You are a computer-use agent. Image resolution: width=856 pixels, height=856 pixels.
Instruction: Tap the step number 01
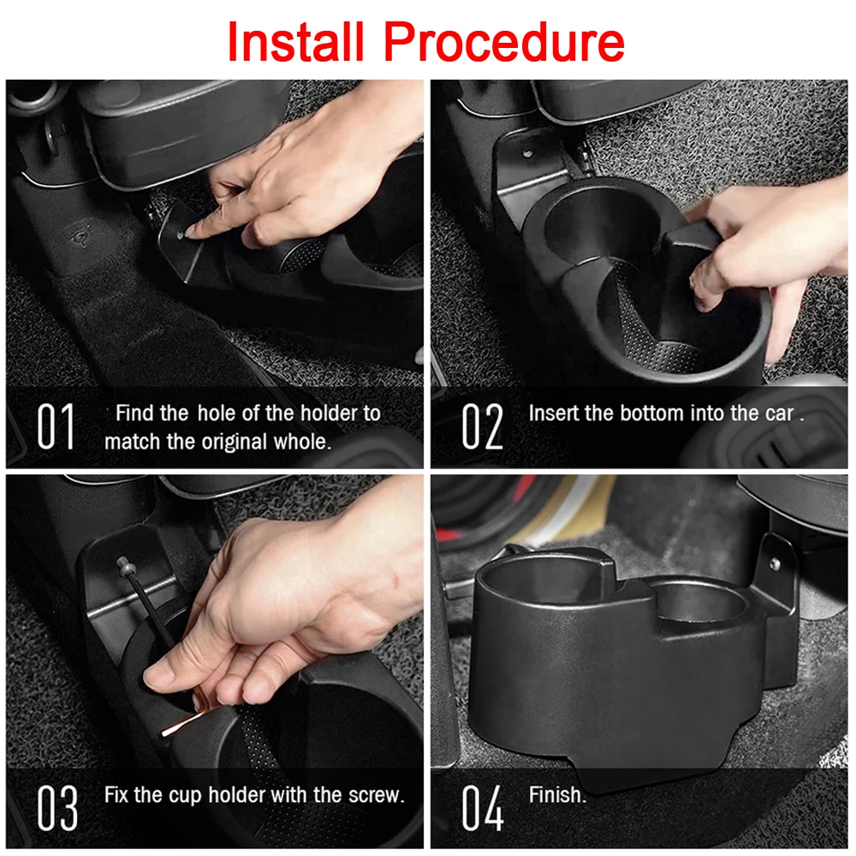pos(56,425)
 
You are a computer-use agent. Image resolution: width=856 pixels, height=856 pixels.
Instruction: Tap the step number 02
pos(483,425)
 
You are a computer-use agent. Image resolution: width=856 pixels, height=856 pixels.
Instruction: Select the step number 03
pos(57,806)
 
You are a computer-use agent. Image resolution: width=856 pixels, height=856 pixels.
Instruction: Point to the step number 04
pos(483,806)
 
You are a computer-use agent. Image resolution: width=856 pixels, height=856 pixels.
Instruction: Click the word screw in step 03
pos(374,794)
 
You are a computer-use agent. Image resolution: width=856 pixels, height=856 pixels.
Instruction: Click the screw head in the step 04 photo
pos(774,564)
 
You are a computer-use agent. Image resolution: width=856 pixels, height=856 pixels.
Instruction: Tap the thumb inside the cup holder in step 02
pos(704,291)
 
